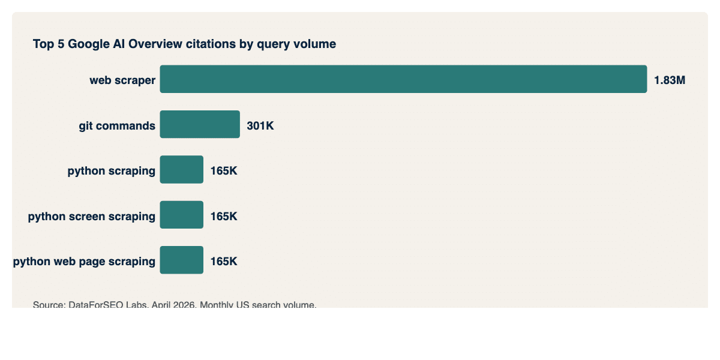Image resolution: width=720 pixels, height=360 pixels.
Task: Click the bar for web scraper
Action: (x=403, y=79)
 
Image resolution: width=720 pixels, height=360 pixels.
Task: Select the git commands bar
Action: (x=200, y=125)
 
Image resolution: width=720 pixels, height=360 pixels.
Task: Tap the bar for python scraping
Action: (x=182, y=170)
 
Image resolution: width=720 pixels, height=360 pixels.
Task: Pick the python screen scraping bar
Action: (x=182, y=215)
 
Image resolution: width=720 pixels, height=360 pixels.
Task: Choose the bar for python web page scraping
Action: (x=182, y=260)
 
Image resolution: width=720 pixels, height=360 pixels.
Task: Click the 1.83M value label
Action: (x=669, y=80)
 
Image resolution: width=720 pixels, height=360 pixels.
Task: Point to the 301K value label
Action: (x=260, y=126)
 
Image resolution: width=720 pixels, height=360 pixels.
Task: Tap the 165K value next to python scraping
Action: (x=224, y=171)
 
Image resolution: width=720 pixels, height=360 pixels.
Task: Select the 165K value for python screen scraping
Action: (x=224, y=217)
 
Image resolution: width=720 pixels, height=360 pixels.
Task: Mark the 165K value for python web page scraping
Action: (x=224, y=262)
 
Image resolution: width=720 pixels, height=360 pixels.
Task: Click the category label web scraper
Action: (x=122, y=80)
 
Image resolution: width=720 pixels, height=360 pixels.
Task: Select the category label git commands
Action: (x=117, y=126)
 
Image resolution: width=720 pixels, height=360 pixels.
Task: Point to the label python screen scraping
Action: (x=91, y=217)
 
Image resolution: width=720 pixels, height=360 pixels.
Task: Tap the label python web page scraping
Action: (x=84, y=262)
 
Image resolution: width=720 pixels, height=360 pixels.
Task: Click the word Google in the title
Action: (x=89, y=44)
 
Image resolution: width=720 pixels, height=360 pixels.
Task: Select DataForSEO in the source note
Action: (x=94, y=305)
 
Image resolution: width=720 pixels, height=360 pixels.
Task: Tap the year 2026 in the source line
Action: (x=183, y=305)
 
